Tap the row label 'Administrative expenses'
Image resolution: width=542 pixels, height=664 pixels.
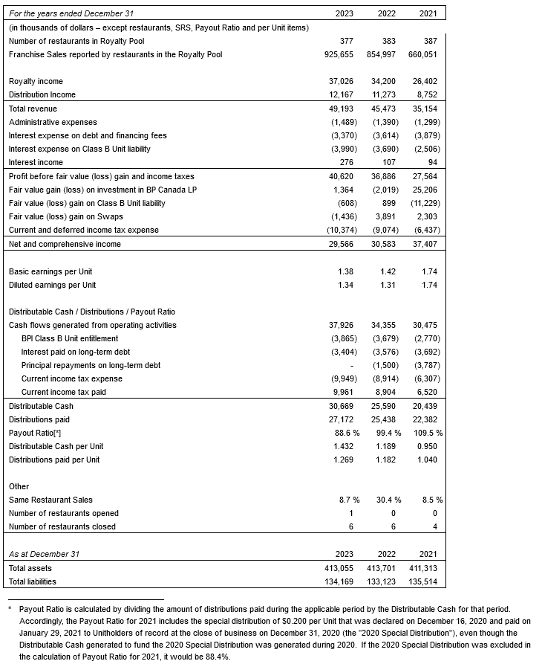click(52, 122)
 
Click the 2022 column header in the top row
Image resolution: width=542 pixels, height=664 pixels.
click(385, 13)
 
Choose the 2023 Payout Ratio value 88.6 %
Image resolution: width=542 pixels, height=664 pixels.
click(345, 433)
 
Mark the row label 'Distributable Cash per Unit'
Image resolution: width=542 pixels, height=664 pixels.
click(56, 446)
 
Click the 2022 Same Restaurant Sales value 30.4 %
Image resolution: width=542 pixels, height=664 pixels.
click(387, 500)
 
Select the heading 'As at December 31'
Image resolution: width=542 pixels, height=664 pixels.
click(44, 554)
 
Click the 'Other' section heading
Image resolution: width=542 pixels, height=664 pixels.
click(19, 486)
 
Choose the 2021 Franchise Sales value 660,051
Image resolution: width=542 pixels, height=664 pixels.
click(425, 54)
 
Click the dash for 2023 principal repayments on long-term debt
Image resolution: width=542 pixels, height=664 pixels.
click(351, 365)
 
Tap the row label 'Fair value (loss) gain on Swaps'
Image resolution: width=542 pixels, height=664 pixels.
click(65, 216)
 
